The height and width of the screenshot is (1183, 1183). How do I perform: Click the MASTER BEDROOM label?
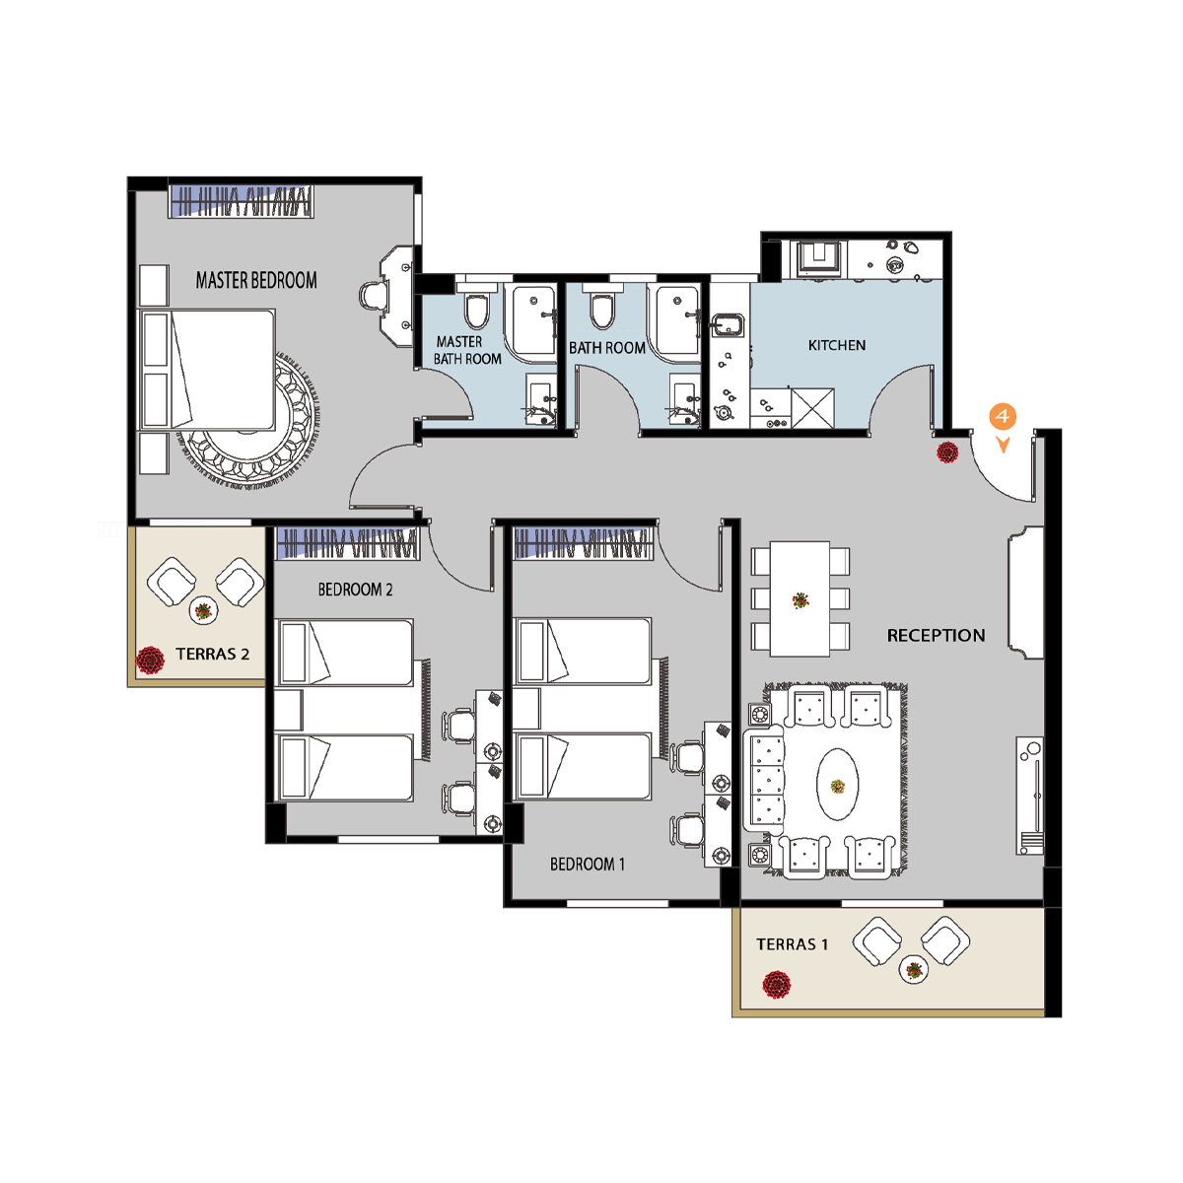[x=256, y=281]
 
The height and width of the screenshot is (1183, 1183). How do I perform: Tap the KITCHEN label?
[x=836, y=346]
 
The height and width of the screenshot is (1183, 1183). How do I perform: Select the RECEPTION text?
[x=936, y=636]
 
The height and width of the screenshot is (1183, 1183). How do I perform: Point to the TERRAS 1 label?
[x=792, y=944]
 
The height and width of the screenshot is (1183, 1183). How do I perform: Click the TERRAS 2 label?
[x=212, y=654]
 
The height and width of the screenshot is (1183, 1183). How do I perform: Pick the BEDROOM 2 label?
[x=355, y=590]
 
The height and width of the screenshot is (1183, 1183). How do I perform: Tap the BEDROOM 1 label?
[x=587, y=864]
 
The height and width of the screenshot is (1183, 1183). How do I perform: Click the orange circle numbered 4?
[x=1002, y=416]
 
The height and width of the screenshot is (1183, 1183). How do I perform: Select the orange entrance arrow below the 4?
[x=1004, y=445]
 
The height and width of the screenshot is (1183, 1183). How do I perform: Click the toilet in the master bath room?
[x=476, y=306]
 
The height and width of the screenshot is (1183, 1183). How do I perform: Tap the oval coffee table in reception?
[x=837, y=784]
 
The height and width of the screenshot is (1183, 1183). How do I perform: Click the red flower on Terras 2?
[x=150, y=660]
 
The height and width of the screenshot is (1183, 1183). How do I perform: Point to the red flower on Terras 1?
[x=776, y=984]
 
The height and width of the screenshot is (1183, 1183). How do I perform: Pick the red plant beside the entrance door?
[x=947, y=452]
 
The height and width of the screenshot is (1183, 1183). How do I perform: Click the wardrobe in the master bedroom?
[x=241, y=200]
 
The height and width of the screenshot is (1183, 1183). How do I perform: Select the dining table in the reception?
[x=800, y=598]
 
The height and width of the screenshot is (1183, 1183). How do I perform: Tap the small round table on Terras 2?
[x=203, y=611]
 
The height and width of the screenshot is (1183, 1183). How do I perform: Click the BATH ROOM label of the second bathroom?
[x=606, y=348]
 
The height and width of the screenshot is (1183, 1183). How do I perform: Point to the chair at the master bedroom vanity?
[x=372, y=297]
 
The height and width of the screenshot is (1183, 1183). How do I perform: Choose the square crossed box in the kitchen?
[x=812, y=408]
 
